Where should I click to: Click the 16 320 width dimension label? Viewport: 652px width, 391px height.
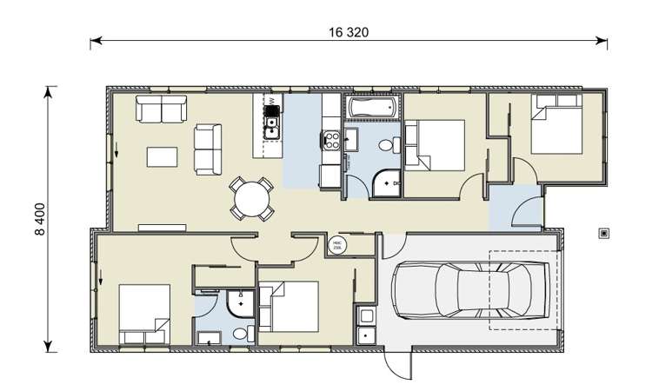point(349,33)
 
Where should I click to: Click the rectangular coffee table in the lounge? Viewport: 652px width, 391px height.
point(163,156)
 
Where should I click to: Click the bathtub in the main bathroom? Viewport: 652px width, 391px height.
point(372,109)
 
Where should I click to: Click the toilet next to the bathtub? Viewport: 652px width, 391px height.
point(394,145)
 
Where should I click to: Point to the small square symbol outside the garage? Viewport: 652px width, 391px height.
point(603,233)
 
